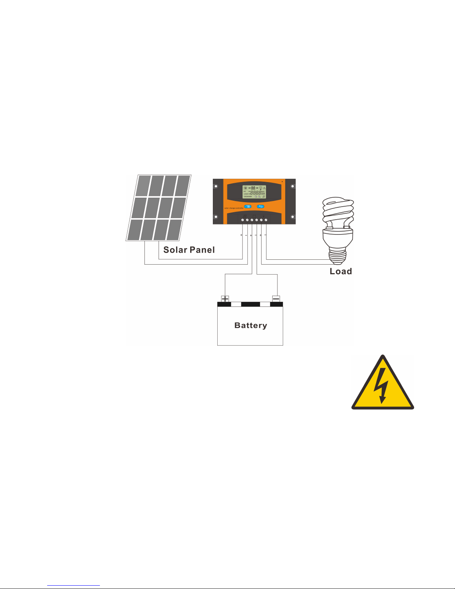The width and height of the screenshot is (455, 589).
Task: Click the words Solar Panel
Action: tap(189, 250)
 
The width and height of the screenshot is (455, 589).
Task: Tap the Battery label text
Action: tap(251, 326)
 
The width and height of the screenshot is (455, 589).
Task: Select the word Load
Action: tap(341, 271)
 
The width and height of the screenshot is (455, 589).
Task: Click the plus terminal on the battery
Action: tap(225, 298)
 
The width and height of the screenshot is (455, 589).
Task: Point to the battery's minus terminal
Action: tap(276, 298)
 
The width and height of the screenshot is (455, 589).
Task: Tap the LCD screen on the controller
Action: tap(254, 191)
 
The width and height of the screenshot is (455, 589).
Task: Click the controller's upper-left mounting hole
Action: tap(216, 186)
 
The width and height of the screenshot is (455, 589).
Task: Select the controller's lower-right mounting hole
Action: tap(293, 217)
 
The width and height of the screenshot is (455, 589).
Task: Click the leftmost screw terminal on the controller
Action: tap(243, 220)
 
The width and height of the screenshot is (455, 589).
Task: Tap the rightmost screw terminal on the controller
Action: tap(266, 220)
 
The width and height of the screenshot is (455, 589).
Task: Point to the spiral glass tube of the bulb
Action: tap(338, 212)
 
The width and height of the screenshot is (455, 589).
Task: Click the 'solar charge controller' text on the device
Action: tap(234, 208)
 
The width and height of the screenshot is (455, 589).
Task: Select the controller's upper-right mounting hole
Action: tap(293, 186)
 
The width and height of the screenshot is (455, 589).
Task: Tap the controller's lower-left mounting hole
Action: tap(216, 217)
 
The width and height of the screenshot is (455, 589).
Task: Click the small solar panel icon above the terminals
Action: tap(245, 216)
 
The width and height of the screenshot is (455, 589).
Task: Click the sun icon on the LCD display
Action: tap(245, 188)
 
